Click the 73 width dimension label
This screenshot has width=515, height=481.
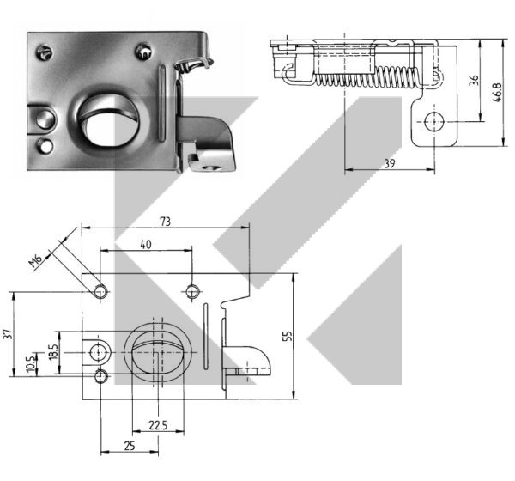pyautogui.click(x=166, y=222)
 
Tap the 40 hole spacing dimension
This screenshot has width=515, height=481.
pyautogui.click(x=146, y=245)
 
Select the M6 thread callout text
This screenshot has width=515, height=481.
pyautogui.click(x=36, y=261)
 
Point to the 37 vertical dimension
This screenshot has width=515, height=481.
pyautogui.click(x=9, y=335)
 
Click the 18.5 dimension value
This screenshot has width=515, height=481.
pyautogui.click(x=54, y=352)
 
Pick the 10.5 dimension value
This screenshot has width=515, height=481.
pyautogui.click(x=31, y=363)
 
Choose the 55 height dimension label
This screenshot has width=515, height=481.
pyautogui.click(x=287, y=336)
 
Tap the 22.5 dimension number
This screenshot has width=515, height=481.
pyautogui.click(x=158, y=425)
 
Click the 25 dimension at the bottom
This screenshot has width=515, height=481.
pyautogui.click(x=130, y=446)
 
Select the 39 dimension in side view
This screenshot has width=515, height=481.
pyautogui.click(x=390, y=163)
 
